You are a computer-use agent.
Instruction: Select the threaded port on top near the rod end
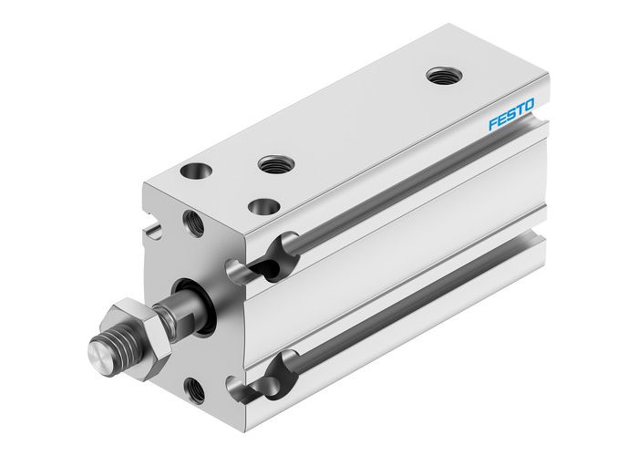(273, 165)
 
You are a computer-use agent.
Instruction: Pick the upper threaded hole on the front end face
(193, 220)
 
